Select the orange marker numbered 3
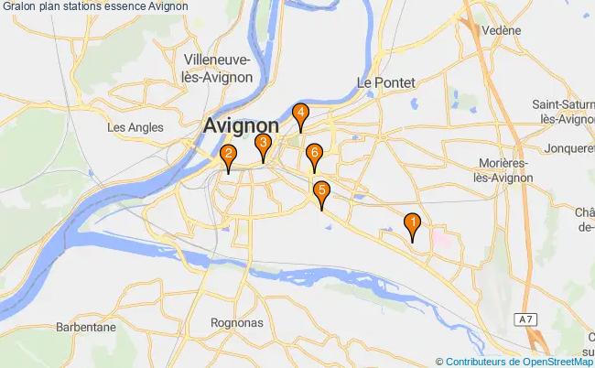coord(263,145)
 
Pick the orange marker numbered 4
coord(300,115)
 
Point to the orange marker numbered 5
coord(321,192)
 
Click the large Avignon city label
coord(242,125)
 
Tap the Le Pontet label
coord(383,81)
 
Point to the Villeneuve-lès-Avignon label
coord(218,69)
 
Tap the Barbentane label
coord(84,327)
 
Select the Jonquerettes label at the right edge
coord(568,146)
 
